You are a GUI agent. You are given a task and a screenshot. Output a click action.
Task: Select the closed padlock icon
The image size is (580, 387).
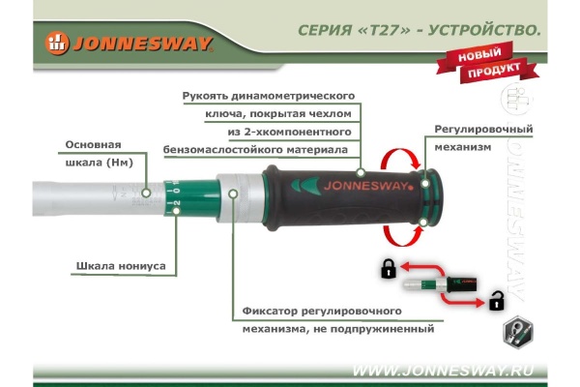tap(388, 268)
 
